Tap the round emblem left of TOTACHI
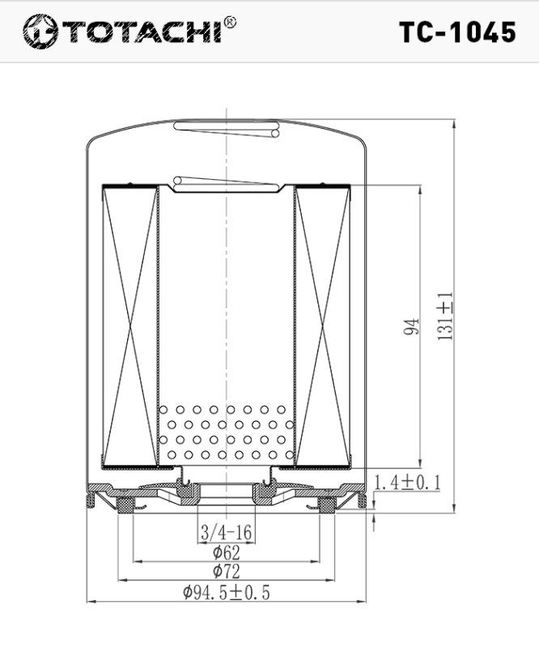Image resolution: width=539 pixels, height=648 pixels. (x=40, y=32)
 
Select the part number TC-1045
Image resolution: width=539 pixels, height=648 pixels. (x=457, y=32)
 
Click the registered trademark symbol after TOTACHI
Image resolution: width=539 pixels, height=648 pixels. (x=230, y=23)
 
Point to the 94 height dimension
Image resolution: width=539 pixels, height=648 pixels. (x=411, y=326)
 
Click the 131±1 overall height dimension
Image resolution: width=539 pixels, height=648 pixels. (x=445, y=316)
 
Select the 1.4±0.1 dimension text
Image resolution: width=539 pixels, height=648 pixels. (x=407, y=482)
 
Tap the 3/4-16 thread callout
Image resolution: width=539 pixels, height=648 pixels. (x=226, y=532)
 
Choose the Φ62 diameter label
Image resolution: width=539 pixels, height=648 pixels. (x=226, y=552)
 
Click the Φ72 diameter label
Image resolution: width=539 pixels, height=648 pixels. (x=226, y=572)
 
